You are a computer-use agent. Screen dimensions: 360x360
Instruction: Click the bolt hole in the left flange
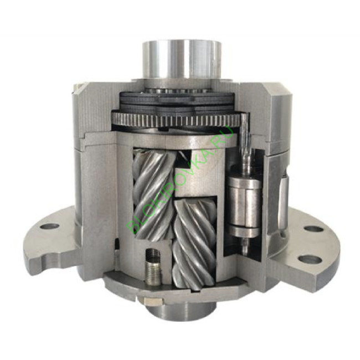(49, 227)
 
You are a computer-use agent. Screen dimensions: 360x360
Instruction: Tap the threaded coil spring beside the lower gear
(152, 268)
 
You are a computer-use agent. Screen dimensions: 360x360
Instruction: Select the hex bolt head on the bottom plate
(151, 301)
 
